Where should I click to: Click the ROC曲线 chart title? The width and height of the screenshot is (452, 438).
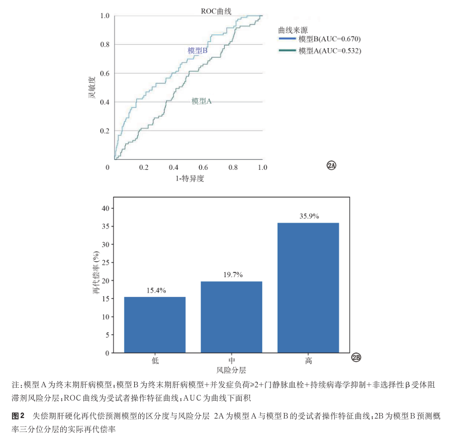click(x=216, y=11)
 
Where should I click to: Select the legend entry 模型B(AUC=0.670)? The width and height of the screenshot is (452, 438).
click(x=320, y=39)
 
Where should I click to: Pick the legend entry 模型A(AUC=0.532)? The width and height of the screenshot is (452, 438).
click(x=320, y=51)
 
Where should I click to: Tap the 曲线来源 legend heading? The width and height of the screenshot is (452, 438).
click(x=293, y=30)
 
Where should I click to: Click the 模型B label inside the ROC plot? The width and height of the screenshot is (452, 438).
click(x=198, y=51)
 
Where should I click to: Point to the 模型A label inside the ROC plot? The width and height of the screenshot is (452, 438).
click(x=202, y=101)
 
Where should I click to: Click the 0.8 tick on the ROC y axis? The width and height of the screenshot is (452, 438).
click(x=105, y=44)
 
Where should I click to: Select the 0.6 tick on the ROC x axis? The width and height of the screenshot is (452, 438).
click(x=203, y=167)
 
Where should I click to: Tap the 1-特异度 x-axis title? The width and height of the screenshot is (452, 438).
click(x=190, y=178)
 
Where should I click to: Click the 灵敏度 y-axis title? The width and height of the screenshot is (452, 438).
click(x=92, y=87)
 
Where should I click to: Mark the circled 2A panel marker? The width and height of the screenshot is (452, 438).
click(x=331, y=165)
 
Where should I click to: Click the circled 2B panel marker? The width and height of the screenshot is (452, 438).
click(x=356, y=357)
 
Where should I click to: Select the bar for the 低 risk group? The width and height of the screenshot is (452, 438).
click(x=155, y=325)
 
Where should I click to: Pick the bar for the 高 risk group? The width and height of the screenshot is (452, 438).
click(x=308, y=288)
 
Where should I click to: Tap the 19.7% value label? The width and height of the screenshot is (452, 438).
click(x=233, y=275)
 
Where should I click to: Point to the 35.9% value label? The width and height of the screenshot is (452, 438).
click(x=309, y=216)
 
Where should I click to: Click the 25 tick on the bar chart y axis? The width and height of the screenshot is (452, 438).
click(x=106, y=262)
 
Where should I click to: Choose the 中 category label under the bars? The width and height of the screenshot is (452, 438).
click(x=232, y=361)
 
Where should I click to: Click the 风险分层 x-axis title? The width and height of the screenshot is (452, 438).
click(x=231, y=370)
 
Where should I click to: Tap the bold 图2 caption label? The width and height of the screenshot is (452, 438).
click(x=18, y=416)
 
